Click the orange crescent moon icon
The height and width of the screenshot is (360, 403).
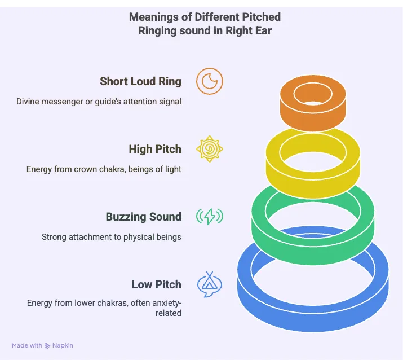pyautogui.click(x=210, y=82)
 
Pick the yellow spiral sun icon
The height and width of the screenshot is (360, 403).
pyautogui.click(x=210, y=149)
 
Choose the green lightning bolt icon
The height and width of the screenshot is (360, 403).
pyautogui.click(x=210, y=217)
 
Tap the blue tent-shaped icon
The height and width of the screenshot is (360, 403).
pyautogui.click(x=210, y=284)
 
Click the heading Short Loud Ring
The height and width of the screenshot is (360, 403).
pyautogui.click(x=140, y=81)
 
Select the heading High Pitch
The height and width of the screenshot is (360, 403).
pyautogui.click(x=155, y=149)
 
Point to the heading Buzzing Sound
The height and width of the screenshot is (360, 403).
pyautogui.click(x=144, y=217)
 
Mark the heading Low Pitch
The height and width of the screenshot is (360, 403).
pyautogui.click(x=157, y=284)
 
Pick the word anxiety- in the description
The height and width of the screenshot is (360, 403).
pyautogui.click(x=165, y=303)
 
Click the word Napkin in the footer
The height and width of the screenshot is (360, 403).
pyautogui.click(x=64, y=345)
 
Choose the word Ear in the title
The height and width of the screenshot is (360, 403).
pyautogui.click(x=262, y=30)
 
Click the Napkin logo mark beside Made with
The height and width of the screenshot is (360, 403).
pyautogui.click(x=48, y=345)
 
